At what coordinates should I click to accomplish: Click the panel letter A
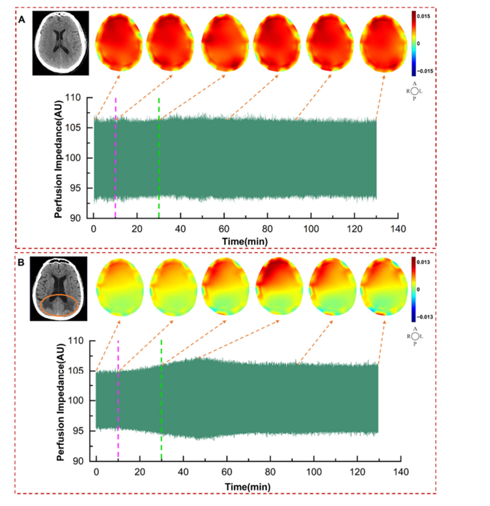tap(22, 20)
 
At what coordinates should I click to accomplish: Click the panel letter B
tap(22, 262)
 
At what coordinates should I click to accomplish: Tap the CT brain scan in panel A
tap(61, 43)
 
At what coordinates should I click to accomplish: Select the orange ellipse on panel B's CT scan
tap(59, 294)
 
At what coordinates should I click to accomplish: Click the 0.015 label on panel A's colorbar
tap(423, 16)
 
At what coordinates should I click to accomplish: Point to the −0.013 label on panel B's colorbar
tap(424, 317)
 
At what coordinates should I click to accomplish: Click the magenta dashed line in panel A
tap(116, 158)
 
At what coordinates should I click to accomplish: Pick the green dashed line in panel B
tap(161, 400)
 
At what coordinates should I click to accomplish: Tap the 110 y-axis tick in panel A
tap(73, 98)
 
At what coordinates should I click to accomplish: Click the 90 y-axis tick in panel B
tap(78, 461)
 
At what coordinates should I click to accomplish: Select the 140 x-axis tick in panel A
tap(398, 229)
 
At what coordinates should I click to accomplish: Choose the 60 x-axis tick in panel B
tap(227, 472)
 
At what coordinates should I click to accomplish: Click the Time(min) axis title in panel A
tap(245, 242)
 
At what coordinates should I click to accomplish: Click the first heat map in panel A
tap(119, 42)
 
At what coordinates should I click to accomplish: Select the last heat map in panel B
tap(384, 287)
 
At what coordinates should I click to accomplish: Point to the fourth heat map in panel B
tap(279, 286)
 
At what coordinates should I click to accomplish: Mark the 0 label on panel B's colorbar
tap(418, 289)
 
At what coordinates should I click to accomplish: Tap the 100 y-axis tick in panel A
tap(73, 158)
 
